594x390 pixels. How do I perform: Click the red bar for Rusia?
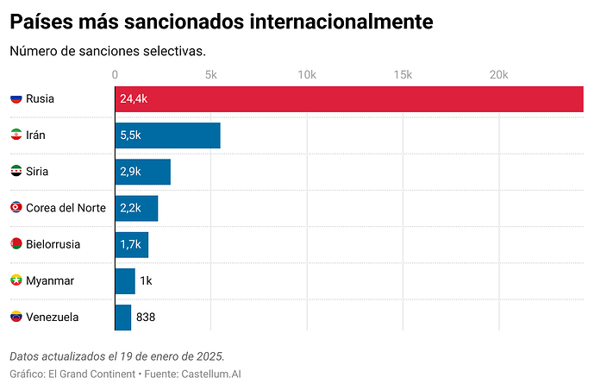click(x=349, y=99)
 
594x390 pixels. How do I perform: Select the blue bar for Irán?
click(x=168, y=135)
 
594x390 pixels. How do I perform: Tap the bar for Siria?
click(x=143, y=172)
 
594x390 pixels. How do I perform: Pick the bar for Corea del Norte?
click(x=136, y=208)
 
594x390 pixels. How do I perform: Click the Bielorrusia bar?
click(x=132, y=244)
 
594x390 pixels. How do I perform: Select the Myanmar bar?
click(x=125, y=280)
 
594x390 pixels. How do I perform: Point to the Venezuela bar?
click(x=123, y=318)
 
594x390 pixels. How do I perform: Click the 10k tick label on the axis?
click(x=307, y=75)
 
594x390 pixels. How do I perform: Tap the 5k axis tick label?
click(x=211, y=75)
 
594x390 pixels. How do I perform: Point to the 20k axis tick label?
click(x=498, y=75)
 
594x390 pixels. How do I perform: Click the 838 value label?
click(x=146, y=317)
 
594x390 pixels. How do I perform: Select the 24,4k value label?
click(x=134, y=99)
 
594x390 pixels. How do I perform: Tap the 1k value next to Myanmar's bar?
click(x=146, y=280)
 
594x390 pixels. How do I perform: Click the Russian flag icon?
click(x=16, y=98)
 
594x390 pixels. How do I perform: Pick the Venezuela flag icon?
click(x=16, y=317)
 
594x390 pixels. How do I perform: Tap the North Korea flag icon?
click(x=16, y=207)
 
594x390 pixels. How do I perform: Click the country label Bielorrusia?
click(x=53, y=244)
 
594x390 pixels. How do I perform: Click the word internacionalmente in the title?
click(x=341, y=22)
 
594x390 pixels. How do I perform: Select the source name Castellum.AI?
click(x=211, y=374)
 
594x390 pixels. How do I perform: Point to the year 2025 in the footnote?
click(x=210, y=356)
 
